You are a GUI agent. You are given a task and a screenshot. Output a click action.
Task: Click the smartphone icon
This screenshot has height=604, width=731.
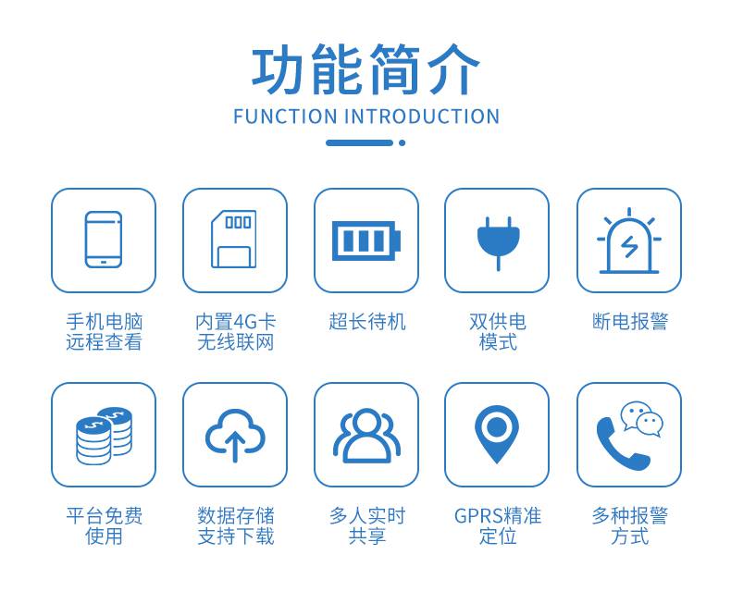coord(104,240)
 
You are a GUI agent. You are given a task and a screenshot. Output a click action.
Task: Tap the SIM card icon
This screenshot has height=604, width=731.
coord(234,239)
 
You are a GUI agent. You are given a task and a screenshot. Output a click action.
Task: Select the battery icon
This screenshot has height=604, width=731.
coord(366,240)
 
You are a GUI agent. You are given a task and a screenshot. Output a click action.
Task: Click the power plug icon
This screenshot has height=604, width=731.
coord(498,243)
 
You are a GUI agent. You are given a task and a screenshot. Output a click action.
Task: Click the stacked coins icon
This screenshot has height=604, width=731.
coord(104,436)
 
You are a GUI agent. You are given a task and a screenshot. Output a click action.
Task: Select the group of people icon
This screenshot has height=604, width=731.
coord(366,436)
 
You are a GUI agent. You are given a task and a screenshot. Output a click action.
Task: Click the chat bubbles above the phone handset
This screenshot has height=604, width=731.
coord(642,419)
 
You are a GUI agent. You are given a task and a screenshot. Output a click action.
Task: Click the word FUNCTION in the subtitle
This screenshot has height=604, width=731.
coord(285,117)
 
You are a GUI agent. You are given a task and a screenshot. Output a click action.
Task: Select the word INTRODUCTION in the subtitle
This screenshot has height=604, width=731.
coord(422,117)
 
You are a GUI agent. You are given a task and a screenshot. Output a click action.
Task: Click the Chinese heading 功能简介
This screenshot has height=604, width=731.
coord(366,70)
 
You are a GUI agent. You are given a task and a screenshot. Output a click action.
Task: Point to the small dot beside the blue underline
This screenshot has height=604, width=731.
coord(402,143)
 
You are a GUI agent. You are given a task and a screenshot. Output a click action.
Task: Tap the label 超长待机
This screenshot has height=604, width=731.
coord(367,322)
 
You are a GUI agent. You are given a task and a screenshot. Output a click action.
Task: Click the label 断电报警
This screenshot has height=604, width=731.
coord(630,322)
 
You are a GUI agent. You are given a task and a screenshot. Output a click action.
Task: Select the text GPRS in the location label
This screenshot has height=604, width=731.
coord(477,516)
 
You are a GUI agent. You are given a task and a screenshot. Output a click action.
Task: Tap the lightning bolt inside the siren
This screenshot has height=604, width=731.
coord(629,247)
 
